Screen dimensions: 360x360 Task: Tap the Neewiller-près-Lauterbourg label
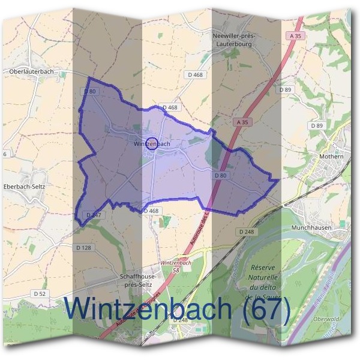point(234,40)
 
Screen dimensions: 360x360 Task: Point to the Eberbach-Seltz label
point(25,187)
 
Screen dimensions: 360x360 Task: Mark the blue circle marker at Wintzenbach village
point(152,143)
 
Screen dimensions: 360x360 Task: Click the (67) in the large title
point(263,309)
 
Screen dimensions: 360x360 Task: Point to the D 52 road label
point(40,293)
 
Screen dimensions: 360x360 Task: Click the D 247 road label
point(94,214)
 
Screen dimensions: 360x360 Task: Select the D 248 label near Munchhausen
point(246,231)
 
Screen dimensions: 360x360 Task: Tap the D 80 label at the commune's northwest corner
point(90,91)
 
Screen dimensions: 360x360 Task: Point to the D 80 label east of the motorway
point(220,175)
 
